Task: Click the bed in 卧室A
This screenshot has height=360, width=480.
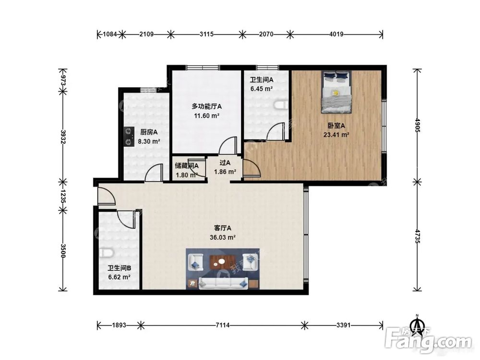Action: (336, 92)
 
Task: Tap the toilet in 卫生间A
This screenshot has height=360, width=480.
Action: (281, 105)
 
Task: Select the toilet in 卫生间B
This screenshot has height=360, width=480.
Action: (106, 252)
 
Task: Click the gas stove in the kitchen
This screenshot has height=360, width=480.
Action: (129, 136)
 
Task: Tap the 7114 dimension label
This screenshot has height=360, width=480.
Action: (223, 325)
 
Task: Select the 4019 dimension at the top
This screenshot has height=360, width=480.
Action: (336, 34)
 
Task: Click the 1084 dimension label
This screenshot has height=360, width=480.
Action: (109, 34)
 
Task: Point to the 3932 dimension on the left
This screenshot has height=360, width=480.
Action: (63, 136)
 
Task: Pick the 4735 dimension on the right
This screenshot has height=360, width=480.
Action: (417, 236)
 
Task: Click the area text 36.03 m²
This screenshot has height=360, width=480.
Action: (223, 237)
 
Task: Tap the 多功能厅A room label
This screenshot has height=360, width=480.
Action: (206, 107)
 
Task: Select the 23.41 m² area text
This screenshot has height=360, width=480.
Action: (336, 135)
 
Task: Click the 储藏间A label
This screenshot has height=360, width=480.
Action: (187, 166)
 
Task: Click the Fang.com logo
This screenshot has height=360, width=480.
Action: (429, 340)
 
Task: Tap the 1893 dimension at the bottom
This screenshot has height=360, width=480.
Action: (119, 325)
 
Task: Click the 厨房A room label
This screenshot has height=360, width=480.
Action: (149, 132)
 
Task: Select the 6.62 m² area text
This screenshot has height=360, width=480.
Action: (120, 277)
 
